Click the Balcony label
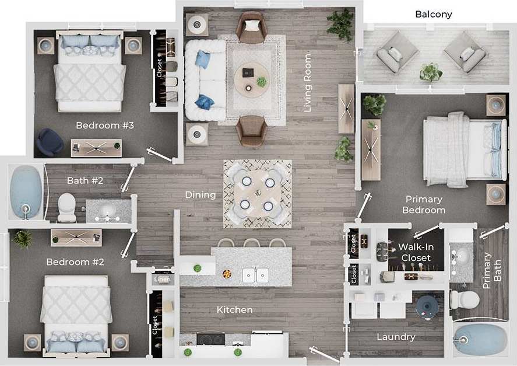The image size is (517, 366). point(433,15)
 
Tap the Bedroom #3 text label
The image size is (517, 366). point(105,126)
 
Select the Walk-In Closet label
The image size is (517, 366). point(416,252)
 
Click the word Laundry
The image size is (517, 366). point(396,337)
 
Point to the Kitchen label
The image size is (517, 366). point(234,310)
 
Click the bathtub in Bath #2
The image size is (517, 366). point(26,192)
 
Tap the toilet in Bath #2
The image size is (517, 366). point(66,207)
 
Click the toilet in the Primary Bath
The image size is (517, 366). point(464,300)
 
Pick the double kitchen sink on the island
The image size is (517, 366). point(255,274)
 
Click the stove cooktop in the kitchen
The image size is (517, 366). point(210,339)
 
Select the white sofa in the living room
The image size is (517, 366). point(205,80)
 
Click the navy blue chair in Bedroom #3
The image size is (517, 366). point(50,142)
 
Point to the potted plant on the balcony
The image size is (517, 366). point(431,72)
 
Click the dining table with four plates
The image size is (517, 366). point(258,193)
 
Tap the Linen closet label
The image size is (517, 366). point(163,280)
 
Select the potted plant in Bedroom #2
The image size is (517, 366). point(23,238)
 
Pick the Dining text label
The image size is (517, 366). point(201,195)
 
